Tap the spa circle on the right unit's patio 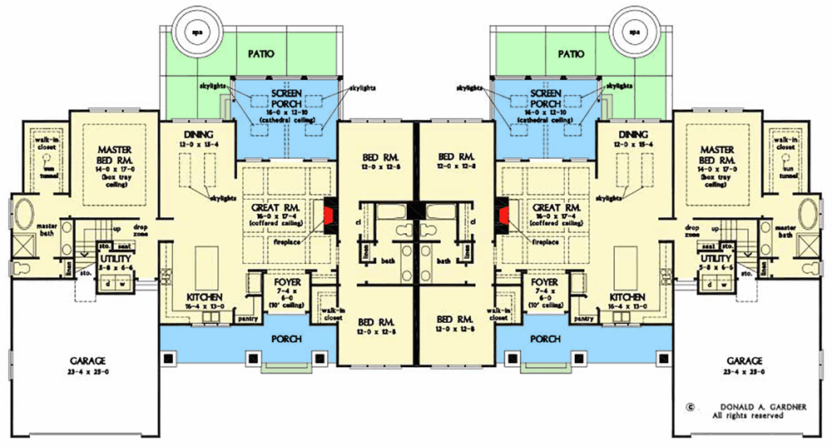coord(635,32)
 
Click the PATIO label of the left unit coord(261,53)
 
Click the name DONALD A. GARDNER coord(748,408)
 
